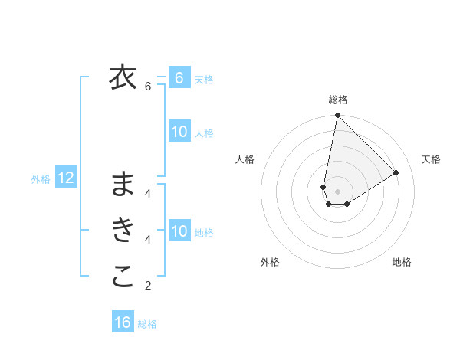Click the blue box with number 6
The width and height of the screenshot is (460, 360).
click(x=179, y=77)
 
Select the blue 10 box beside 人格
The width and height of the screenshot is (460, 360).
click(x=179, y=132)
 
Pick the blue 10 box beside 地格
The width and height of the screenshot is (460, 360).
click(x=179, y=231)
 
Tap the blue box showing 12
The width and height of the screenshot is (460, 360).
click(x=66, y=178)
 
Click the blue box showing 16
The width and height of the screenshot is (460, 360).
click(x=123, y=322)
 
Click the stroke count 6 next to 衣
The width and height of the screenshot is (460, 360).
click(x=148, y=87)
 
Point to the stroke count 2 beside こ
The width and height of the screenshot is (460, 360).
click(x=148, y=286)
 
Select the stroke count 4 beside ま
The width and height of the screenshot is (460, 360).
click(x=148, y=193)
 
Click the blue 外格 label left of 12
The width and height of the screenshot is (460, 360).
click(x=41, y=179)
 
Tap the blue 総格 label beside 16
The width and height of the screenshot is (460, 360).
click(x=147, y=324)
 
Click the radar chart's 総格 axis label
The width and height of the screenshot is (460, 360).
click(x=338, y=100)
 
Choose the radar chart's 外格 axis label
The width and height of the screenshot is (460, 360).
click(x=270, y=262)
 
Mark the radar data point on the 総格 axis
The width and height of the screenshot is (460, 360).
click(x=337, y=116)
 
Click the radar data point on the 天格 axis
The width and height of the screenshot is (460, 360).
click(x=396, y=172)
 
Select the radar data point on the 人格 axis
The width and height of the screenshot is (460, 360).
click(x=324, y=187)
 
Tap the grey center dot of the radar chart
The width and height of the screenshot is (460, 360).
click(x=337, y=191)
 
